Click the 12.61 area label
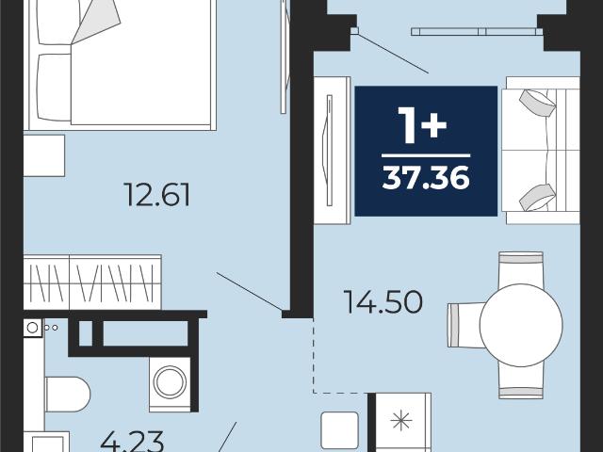click(157, 195)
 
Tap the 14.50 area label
click(383, 301)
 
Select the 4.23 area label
click(132, 442)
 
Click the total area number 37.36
click(426, 177)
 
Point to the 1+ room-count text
click(422, 125)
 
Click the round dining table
click(521, 325)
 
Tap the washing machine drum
click(170, 382)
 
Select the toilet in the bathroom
click(68, 394)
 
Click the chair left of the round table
click(466, 325)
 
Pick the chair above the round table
click(521, 269)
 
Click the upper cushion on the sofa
click(537, 103)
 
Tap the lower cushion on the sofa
click(537, 198)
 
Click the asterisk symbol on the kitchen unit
click(401, 420)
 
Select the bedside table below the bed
click(44, 155)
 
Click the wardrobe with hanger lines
click(92, 282)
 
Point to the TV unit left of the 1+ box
click(333, 151)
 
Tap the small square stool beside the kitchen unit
click(339, 430)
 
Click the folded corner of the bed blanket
click(96, 21)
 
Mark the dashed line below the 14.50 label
click(340, 393)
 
